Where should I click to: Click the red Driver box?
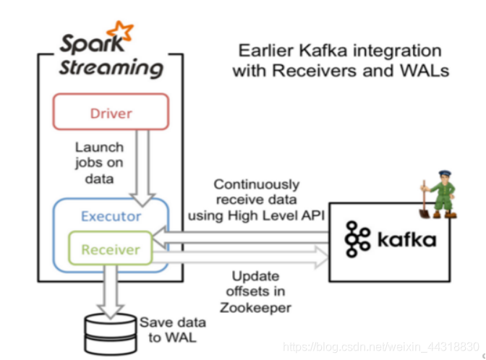click(x=110, y=112)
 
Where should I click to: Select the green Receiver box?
click(x=110, y=250)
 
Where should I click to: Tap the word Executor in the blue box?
click(x=111, y=215)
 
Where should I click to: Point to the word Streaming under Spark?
click(x=111, y=69)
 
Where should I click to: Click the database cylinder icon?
click(x=108, y=332)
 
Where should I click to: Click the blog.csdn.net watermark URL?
click(x=380, y=348)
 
